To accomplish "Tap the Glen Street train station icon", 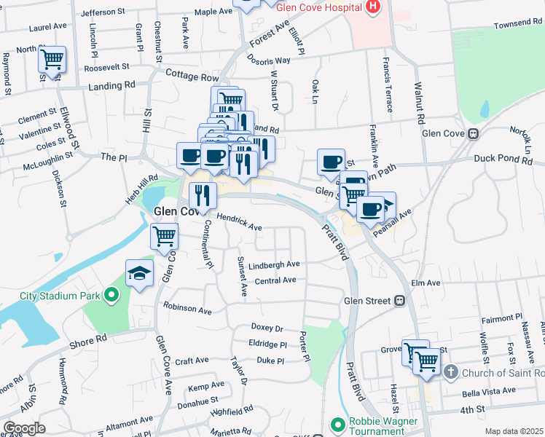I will pyautogui.click(x=399, y=300).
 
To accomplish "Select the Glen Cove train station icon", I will pyautogui.click(x=473, y=133).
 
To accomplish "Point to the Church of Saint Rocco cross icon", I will pyautogui.click(x=450, y=373).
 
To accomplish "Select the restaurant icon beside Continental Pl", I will pyautogui.click(x=203, y=194).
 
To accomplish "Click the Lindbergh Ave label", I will pyautogui.click(x=274, y=264).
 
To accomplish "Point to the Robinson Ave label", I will pyautogui.click(x=187, y=309).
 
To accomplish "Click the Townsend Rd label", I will pyautogui.click(x=517, y=24).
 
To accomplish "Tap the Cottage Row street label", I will pyautogui.click(x=192, y=75).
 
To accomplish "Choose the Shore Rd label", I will pyautogui.click(x=90, y=339).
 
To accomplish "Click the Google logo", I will pyautogui.click(x=24, y=428).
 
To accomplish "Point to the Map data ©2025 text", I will pyautogui.click(x=514, y=431).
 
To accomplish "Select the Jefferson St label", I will pyautogui.click(x=104, y=12).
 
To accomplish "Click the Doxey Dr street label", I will pyautogui.click(x=267, y=328).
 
